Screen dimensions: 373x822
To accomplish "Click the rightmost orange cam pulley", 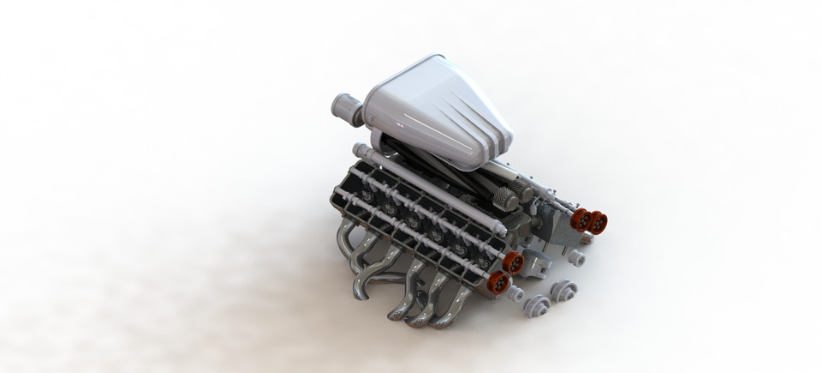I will click(x=598, y=223).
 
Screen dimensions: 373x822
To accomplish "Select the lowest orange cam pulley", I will click(x=498, y=282).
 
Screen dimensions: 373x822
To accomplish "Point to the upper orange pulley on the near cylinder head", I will click(x=512, y=262).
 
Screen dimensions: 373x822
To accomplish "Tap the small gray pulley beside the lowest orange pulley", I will click(x=515, y=295).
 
